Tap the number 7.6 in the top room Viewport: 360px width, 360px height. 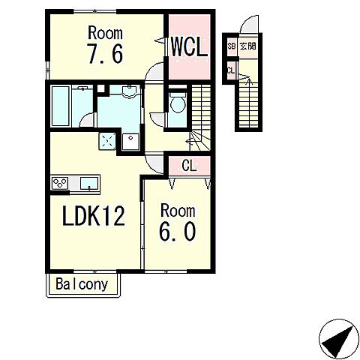105,53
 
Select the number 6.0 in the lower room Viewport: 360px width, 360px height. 177,232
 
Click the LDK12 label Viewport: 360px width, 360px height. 94,216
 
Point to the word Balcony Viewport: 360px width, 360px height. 82,284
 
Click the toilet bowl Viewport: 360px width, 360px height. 178,103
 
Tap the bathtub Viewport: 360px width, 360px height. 60,106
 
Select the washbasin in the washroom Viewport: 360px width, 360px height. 129,91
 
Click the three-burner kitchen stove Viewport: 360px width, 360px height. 60,183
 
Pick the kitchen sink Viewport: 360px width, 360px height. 89,183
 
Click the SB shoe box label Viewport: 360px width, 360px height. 232,46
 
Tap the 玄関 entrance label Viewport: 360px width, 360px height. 247,46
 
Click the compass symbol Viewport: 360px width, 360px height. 339,339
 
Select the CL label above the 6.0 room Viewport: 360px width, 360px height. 189,166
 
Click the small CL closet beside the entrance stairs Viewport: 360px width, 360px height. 231,70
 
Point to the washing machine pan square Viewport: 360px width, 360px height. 130,142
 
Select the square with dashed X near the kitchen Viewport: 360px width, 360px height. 107,141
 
